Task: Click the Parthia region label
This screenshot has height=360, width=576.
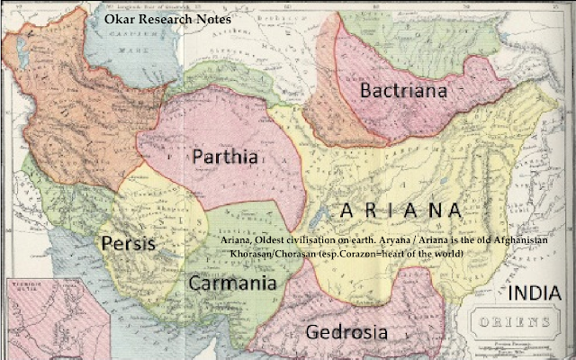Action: pyautogui.click(x=225, y=157)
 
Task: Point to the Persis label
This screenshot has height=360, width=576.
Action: pyautogui.click(x=128, y=244)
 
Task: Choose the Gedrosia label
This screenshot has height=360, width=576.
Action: pyautogui.click(x=346, y=331)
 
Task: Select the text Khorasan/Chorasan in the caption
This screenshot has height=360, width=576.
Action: pyautogui.click(x=271, y=254)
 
